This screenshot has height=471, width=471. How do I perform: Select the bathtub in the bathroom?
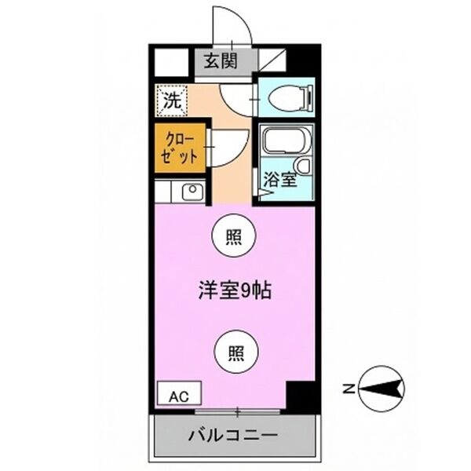tap(285, 142)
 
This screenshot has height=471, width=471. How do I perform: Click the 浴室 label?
tap(279, 179)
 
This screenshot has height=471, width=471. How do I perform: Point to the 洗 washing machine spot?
tap(170, 100)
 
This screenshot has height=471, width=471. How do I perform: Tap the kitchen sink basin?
tap(192, 191)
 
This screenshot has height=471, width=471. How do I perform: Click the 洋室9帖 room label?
tap(234, 290)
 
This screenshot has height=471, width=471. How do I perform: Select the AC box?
tap(180, 393)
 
